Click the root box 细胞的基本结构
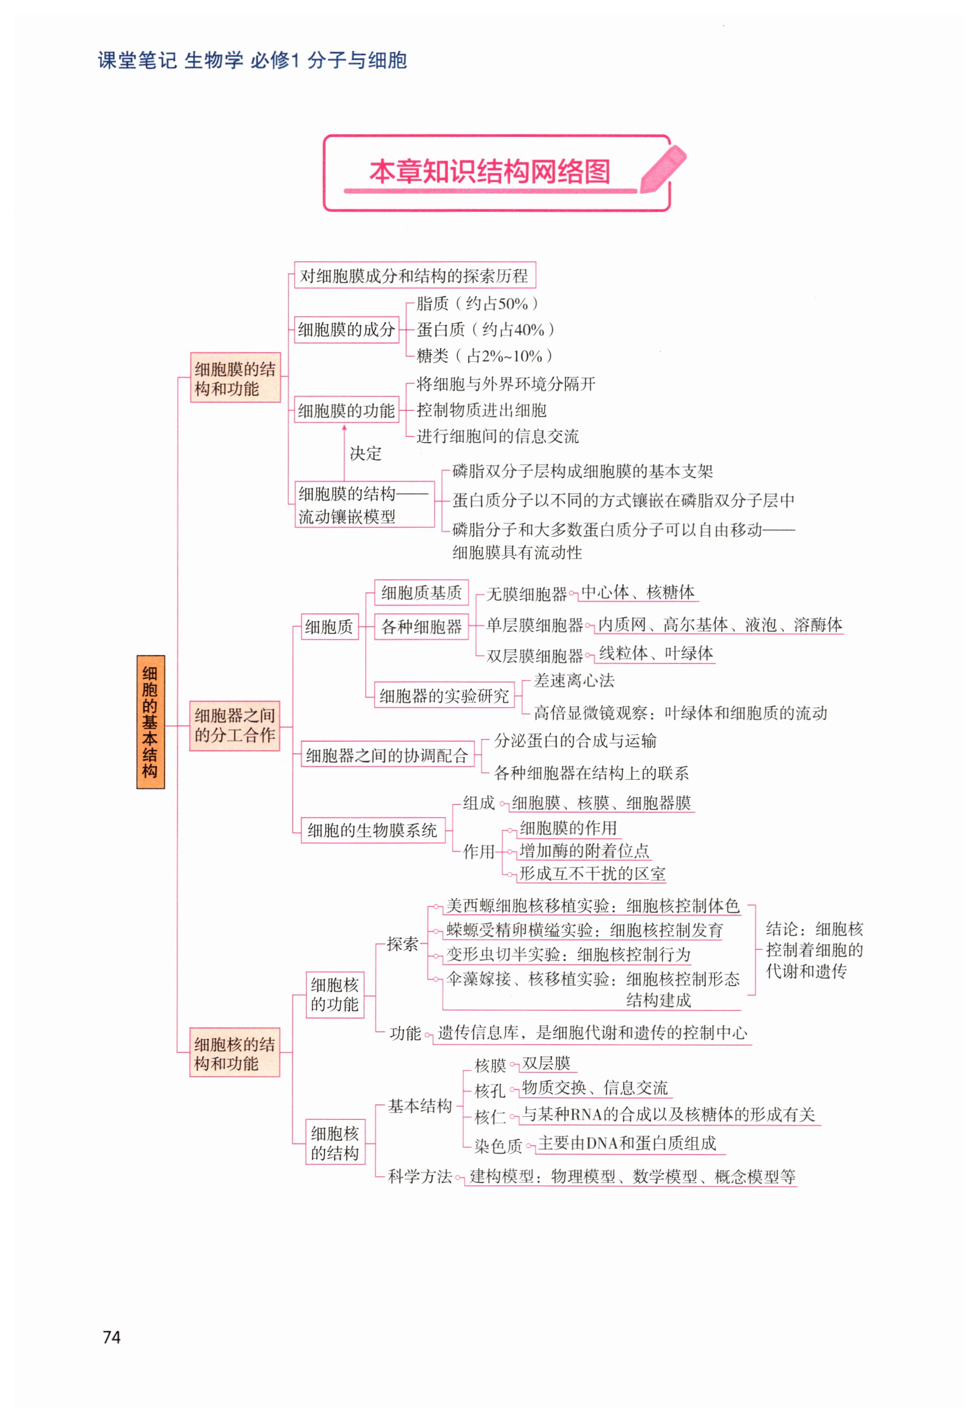click(150, 721)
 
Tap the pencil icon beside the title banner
click(662, 168)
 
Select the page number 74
click(111, 1337)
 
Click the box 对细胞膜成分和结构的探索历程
click(414, 275)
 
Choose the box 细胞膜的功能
click(346, 411)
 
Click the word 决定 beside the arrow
click(366, 453)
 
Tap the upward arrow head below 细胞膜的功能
click(344, 428)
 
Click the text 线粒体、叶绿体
click(656, 653)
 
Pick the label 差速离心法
click(573, 680)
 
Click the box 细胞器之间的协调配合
click(387, 755)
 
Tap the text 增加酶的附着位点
click(584, 851)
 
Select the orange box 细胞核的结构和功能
click(235, 1053)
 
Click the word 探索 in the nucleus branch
click(402, 944)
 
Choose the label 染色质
click(498, 1146)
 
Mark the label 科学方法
click(420, 1176)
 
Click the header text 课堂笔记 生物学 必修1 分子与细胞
click(252, 61)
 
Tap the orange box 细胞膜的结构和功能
click(235, 378)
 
